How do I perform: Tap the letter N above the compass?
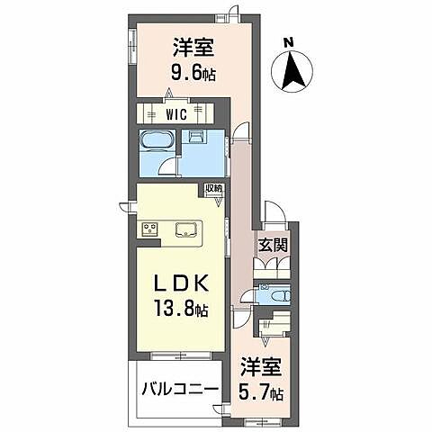(x=288, y=41)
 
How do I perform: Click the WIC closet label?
(x=177, y=114)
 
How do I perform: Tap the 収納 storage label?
(x=213, y=189)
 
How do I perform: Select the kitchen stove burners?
(x=148, y=229)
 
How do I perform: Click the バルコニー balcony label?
(x=177, y=391)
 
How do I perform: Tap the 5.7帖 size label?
(x=263, y=393)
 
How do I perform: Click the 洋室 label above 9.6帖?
(x=192, y=44)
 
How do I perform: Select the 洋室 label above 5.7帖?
(x=261, y=368)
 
